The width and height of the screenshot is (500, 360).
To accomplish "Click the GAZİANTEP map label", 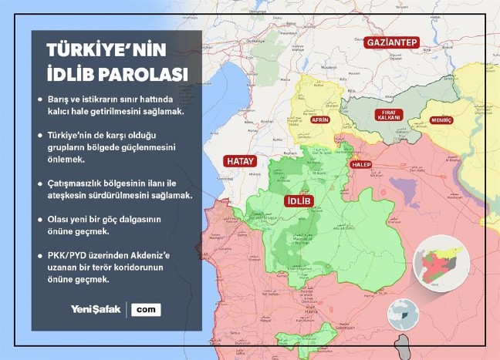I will [x=392, y=42].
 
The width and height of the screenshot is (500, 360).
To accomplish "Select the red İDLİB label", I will [x=298, y=200].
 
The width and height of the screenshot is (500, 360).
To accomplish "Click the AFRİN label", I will [x=319, y=120].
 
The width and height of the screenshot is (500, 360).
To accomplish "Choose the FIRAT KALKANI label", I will [x=388, y=115].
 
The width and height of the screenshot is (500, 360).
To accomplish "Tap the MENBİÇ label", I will [x=441, y=121].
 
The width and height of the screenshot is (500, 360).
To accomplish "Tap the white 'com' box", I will [x=146, y=309].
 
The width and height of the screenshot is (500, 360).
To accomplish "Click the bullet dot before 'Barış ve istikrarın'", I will [x=40, y=100].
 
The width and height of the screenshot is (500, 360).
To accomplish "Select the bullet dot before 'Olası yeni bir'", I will [x=40, y=219].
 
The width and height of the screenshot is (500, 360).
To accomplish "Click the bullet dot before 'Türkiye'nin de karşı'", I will [x=40, y=135].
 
